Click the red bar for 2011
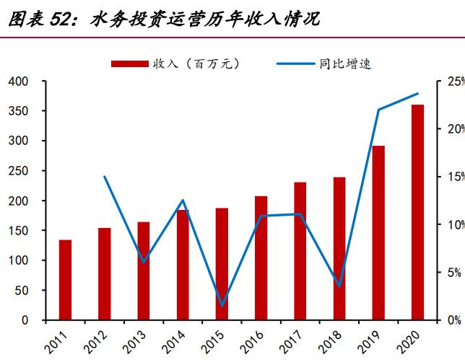pos(65,280)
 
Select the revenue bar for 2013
pos(144,271)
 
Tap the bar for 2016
pos(261,258)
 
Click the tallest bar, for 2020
pos(417,212)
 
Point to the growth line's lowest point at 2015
pos(222,305)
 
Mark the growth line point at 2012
pos(105,177)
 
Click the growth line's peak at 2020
pos(417,94)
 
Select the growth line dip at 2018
pos(339,286)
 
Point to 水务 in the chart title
pos(108,19)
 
